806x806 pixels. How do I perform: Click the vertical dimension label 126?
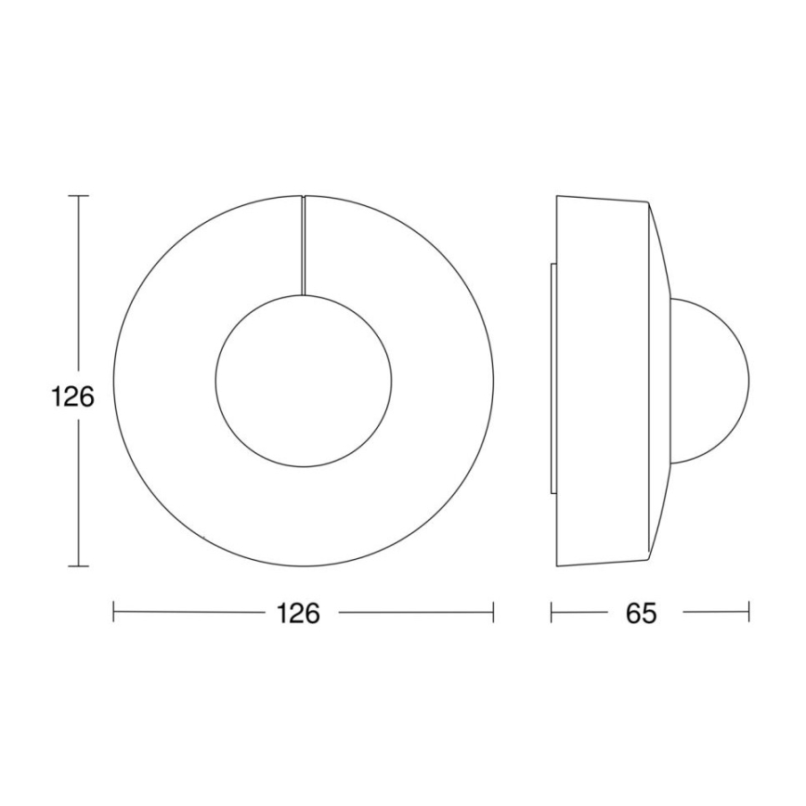(72, 397)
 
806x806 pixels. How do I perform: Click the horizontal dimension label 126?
(299, 613)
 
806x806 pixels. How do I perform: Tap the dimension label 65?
(641, 613)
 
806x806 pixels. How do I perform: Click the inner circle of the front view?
(304, 381)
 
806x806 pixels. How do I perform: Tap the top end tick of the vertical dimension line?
(79, 196)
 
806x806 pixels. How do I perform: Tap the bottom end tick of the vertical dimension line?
(79, 565)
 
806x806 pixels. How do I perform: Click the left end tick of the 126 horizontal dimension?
(113, 612)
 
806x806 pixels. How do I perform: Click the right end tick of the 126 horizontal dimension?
(493, 612)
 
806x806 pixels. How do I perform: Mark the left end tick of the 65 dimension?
(552, 612)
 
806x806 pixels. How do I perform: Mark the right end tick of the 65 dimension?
(748, 612)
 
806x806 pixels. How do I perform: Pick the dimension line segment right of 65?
(715, 612)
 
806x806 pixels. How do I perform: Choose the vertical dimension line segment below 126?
(79, 492)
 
